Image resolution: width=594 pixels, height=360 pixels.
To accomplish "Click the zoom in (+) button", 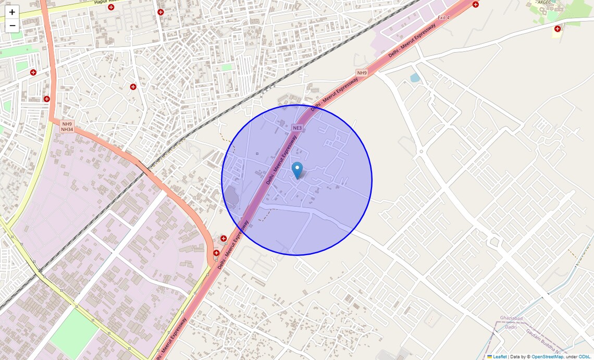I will (x=12, y=12).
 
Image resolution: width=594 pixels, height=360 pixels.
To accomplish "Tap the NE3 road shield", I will (x=297, y=128).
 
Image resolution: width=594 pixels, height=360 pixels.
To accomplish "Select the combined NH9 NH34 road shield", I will (x=67, y=127).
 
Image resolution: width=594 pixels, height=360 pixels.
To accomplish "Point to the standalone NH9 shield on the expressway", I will (x=362, y=72).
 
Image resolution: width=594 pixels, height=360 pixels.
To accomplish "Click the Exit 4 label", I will (x=443, y=18).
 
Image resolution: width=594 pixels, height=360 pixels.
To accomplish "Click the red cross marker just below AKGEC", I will (x=558, y=29).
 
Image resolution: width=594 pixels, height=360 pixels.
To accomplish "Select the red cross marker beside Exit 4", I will (x=476, y=5).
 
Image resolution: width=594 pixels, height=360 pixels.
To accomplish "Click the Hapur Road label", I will (x=107, y=2).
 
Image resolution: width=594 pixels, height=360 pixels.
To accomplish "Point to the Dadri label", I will (x=511, y=327).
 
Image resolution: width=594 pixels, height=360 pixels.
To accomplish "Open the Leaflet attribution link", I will (x=499, y=357).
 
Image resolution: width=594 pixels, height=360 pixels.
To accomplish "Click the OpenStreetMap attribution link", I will (x=547, y=357).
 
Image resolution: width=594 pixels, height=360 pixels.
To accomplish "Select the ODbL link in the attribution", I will (x=584, y=357).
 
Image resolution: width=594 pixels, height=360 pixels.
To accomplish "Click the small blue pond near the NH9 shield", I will (x=415, y=78).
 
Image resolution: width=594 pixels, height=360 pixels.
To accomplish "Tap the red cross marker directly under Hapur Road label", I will (x=111, y=7).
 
